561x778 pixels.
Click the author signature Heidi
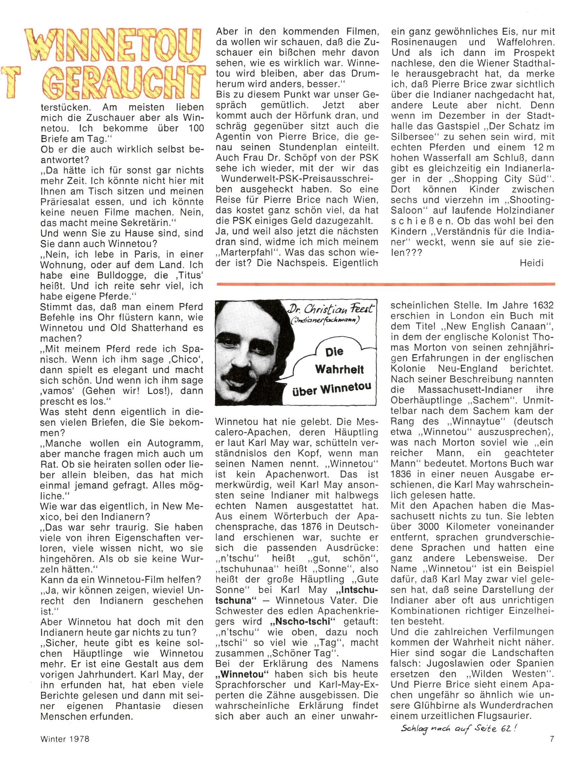pos(532,263)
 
